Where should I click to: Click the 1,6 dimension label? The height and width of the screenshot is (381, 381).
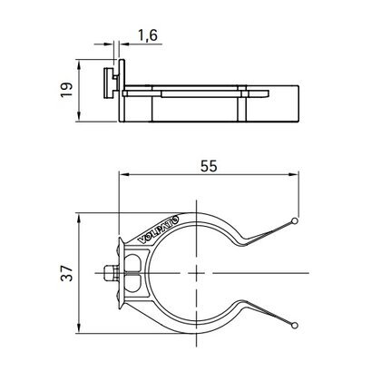tap(148, 35)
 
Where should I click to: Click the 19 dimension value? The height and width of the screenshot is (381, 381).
tap(66, 90)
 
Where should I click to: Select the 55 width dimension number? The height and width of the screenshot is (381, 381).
tap(209, 166)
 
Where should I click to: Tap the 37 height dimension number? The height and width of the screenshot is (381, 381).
tap(66, 273)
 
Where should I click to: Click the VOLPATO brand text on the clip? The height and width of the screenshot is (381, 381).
tap(159, 229)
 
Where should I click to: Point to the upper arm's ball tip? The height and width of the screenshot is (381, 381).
tap(295, 221)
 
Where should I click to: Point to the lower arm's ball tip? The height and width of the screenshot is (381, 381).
tap(295, 326)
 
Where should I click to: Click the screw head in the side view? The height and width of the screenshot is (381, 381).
tap(108, 83)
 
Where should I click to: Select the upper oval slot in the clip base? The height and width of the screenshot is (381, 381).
tap(132, 262)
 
